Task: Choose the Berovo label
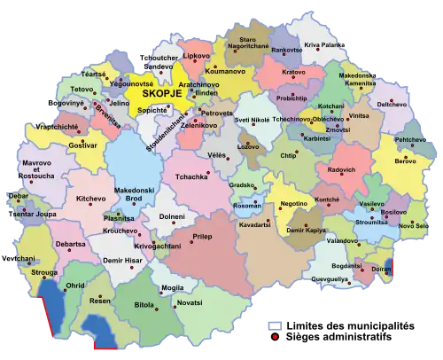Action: [404, 161]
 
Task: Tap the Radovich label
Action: [341, 169]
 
